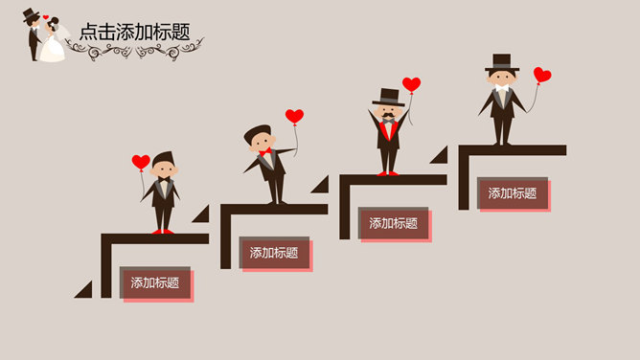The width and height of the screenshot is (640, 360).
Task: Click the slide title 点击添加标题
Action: pyautogui.click(x=135, y=32)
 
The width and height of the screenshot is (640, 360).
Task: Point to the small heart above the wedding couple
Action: pyautogui.click(x=45, y=16)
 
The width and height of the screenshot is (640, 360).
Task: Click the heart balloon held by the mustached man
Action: pyautogui.click(x=411, y=84)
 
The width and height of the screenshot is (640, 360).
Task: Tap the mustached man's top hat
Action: pyautogui.click(x=388, y=97)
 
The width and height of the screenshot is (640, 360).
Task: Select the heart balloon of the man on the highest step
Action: pyautogui.click(x=542, y=75)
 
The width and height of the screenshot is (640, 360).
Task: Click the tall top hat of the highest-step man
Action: pyautogui.click(x=501, y=62)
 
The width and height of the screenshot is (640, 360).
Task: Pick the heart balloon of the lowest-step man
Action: pyautogui.click(x=141, y=162)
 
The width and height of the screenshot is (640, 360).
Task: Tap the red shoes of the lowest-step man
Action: pyautogui.click(x=164, y=231)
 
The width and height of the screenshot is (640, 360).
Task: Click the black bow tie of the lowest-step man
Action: pyautogui.click(x=165, y=179)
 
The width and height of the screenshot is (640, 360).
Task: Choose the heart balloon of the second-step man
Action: pyautogui.click(x=294, y=117)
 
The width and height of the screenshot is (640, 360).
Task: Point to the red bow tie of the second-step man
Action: pyautogui.click(x=264, y=152)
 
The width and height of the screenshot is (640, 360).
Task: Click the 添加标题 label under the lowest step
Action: pyautogui.click(x=155, y=282)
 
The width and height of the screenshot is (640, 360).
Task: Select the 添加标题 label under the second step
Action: pyautogui.click(x=274, y=253)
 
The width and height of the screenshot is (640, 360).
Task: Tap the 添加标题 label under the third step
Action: pyautogui.click(x=394, y=223)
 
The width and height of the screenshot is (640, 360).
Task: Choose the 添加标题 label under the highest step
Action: pyautogui.click(x=513, y=192)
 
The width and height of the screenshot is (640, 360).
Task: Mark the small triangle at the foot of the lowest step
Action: pyautogui.click(x=84, y=290)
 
